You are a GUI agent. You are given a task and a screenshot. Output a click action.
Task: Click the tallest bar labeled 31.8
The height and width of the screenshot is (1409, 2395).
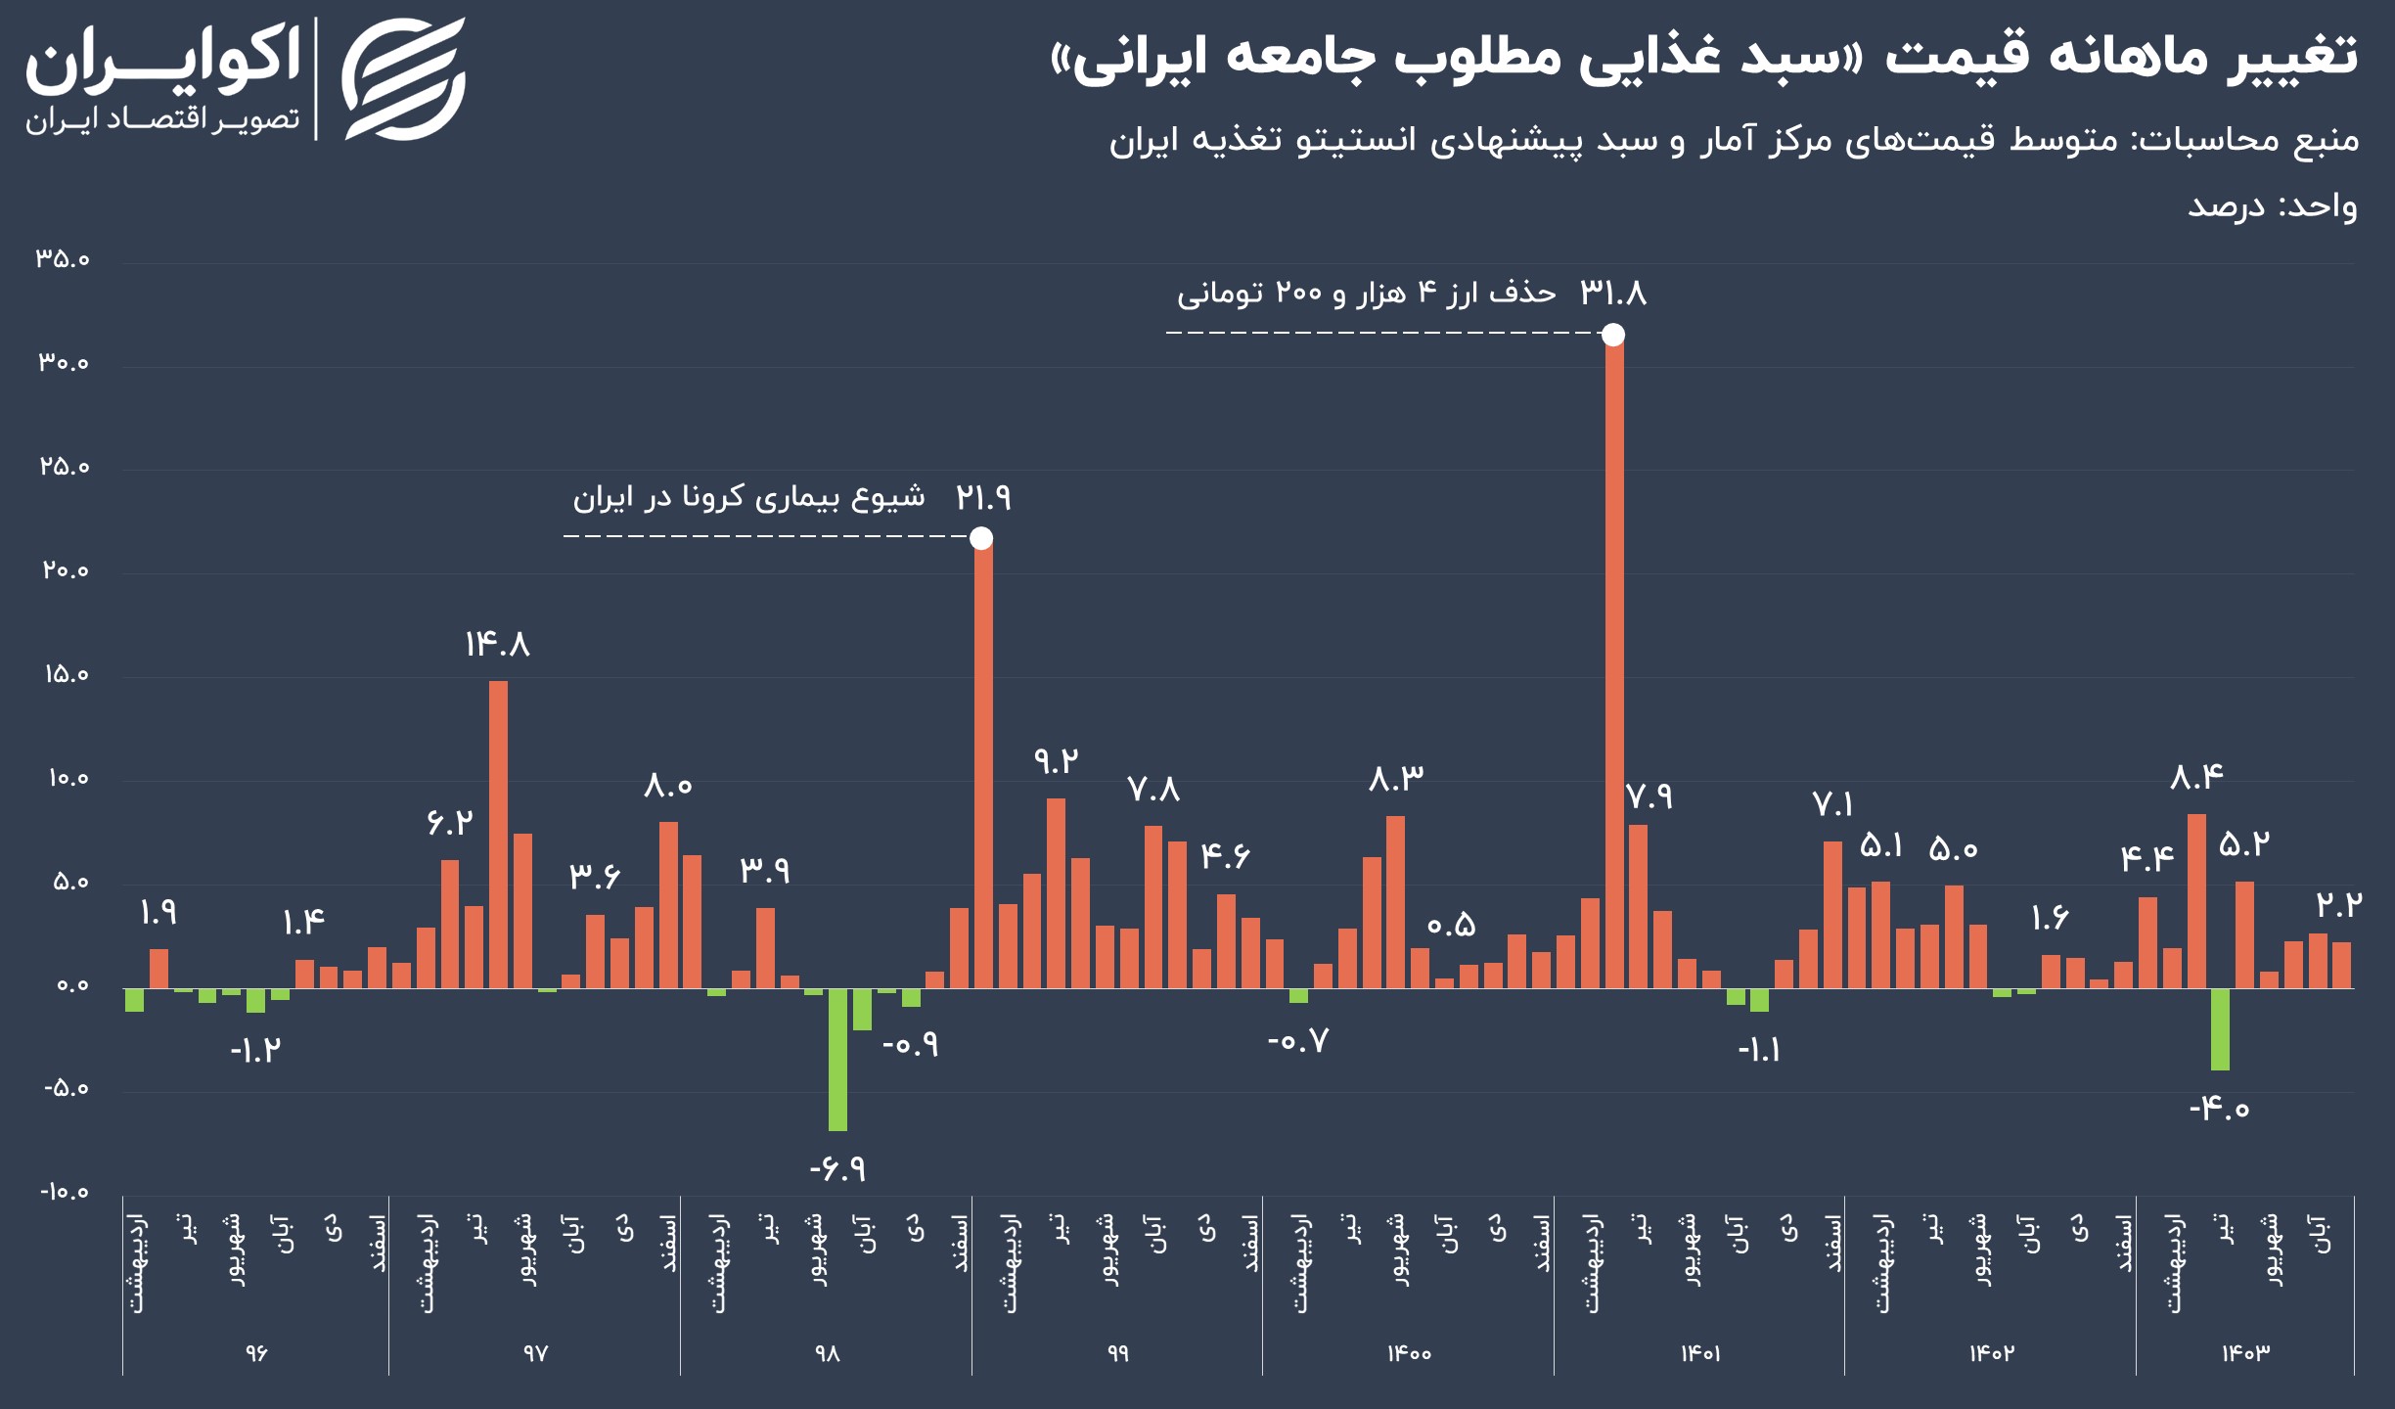1613,665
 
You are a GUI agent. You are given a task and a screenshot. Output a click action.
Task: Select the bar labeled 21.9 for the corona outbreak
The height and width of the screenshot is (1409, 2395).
982,763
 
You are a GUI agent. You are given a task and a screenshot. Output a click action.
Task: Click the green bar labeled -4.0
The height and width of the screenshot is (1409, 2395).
2221,1028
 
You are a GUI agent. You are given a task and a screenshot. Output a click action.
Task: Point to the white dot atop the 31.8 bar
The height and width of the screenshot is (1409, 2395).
1613,336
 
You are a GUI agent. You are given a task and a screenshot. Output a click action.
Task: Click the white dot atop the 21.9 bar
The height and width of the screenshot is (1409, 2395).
981,538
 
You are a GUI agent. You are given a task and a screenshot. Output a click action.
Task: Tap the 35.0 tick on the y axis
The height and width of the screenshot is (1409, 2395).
64,259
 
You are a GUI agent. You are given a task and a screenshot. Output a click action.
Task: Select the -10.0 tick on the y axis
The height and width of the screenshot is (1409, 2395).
64,1192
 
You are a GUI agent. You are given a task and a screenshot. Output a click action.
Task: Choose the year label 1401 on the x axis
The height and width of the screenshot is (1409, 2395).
1700,1353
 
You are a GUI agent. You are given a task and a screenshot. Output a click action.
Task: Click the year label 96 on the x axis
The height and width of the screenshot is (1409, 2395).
255,1353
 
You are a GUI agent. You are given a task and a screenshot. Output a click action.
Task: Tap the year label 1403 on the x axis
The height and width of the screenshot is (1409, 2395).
2245,1353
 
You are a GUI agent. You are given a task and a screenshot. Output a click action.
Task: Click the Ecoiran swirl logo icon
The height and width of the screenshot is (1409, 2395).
403,78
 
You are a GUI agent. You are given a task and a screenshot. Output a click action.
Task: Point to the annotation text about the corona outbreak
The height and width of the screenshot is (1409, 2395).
748,498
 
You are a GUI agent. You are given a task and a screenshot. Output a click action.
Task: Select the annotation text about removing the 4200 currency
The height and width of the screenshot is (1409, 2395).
1366,294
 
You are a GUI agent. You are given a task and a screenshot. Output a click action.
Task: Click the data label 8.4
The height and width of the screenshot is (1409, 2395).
2196,778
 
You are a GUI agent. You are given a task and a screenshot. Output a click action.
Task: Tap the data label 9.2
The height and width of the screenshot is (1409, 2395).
1056,760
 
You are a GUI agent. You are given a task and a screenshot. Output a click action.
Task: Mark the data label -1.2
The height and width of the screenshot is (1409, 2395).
255,1051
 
